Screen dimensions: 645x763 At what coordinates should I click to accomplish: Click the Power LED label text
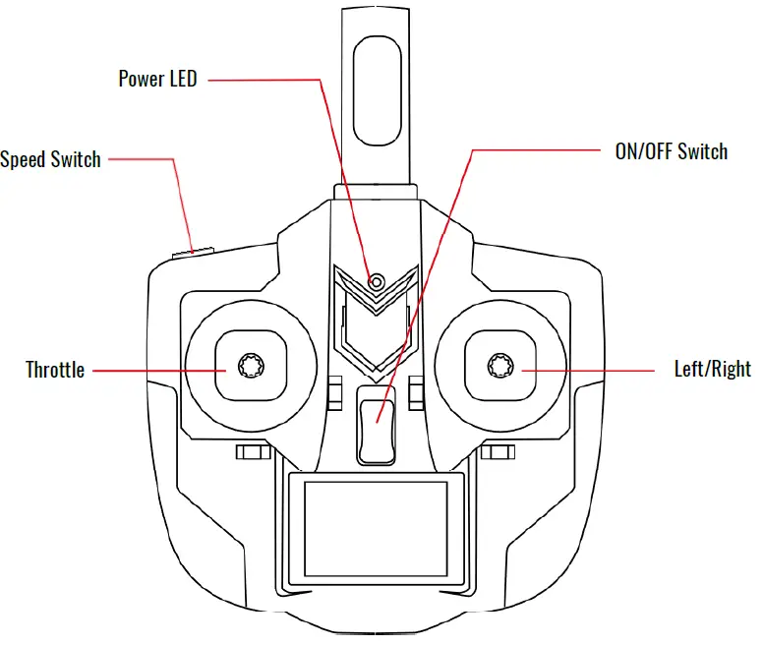157,79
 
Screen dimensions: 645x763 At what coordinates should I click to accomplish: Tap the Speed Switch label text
50,159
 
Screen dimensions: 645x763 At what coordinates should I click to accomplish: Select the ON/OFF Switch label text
671,151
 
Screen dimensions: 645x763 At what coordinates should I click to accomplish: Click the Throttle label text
55,371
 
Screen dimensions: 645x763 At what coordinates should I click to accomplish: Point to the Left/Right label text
712,370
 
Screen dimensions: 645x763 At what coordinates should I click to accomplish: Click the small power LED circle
376,282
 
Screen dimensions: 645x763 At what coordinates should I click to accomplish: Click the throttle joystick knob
249,368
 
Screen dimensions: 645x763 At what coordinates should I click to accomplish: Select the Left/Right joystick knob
500,367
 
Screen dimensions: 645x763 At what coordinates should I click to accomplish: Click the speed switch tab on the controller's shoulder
194,252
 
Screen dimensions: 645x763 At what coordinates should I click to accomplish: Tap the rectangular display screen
377,528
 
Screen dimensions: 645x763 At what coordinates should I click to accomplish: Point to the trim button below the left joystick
254,452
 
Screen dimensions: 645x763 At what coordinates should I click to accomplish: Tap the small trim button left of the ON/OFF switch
334,392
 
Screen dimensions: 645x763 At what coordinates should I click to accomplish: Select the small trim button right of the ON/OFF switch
416,392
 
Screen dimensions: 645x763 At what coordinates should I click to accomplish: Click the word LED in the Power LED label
182,79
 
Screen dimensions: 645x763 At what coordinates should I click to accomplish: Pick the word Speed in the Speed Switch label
24,159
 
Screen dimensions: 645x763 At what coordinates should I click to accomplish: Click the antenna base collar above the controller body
378,192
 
